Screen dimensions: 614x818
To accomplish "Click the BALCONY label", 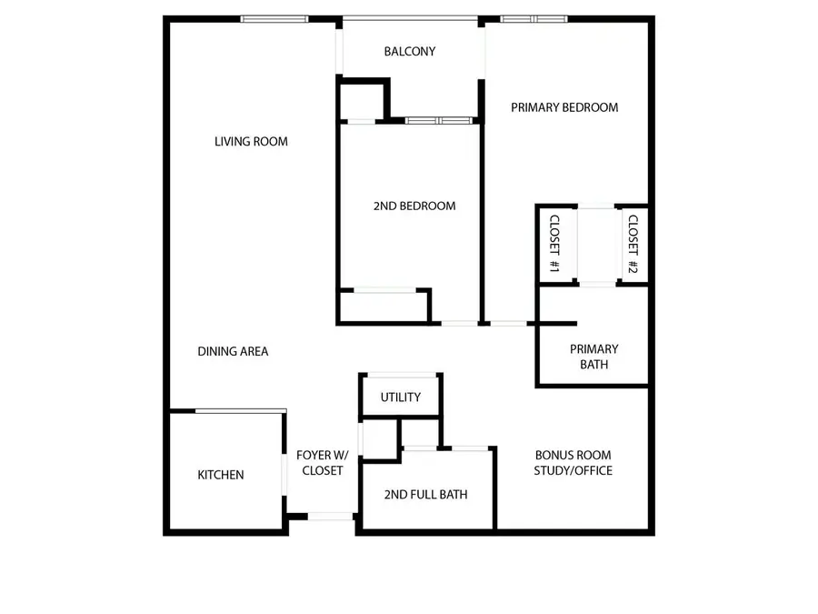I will click(410, 52).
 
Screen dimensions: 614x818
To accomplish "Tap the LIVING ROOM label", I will click(251, 141).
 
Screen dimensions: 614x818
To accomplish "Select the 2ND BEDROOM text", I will click(414, 206).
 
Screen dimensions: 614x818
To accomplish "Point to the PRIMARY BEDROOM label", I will click(564, 107).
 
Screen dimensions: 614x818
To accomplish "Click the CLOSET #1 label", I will click(553, 244).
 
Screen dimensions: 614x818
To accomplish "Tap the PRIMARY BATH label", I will click(594, 357).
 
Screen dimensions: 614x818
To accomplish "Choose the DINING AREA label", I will click(233, 351).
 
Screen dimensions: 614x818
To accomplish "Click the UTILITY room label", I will click(401, 398).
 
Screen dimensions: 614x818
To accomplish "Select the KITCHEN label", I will click(221, 475).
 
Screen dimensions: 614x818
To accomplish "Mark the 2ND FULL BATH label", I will click(426, 495).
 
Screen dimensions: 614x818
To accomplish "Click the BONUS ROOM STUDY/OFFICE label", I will click(574, 463).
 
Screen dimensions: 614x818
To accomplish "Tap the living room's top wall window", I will click(274, 19).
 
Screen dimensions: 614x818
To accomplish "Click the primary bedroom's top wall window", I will click(534, 19).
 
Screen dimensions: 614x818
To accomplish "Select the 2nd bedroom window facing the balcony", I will click(440, 120).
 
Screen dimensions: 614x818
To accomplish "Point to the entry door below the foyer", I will click(331, 517).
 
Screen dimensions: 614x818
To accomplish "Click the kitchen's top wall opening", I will click(241, 411).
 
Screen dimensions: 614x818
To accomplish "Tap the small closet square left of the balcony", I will click(363, 101).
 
